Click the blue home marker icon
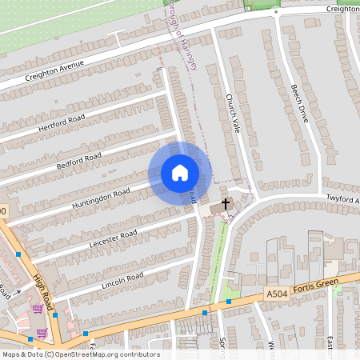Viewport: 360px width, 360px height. click(180, 173)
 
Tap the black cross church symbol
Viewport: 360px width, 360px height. click(226, 203)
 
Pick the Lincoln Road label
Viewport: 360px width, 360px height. click(122, 279)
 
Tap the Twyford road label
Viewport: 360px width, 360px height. click(342, 198)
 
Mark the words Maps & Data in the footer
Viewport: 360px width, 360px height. click(20, 354)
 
